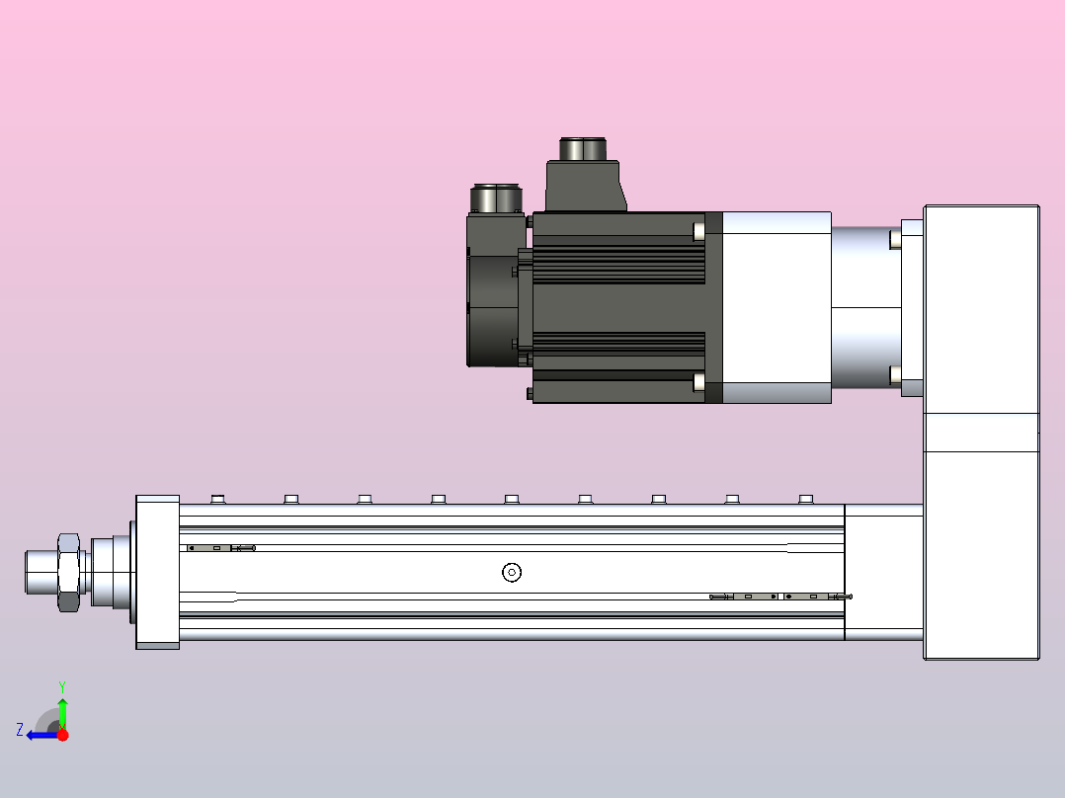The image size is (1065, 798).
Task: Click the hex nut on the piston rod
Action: click(68, 572)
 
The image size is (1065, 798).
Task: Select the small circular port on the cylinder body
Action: click(511, 572)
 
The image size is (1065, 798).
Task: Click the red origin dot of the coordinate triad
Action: click(62, 735)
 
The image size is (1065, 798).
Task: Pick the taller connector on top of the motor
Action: click(585, 173)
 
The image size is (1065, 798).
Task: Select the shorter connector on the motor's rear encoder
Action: click(497, 199)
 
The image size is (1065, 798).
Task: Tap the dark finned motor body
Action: click(617, 306)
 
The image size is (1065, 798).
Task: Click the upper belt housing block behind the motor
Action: click(981, 308)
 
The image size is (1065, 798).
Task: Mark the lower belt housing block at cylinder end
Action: click(981, 553)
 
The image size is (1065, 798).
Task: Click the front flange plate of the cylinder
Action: click(157, 572)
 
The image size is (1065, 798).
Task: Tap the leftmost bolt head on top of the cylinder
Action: click(218, 499)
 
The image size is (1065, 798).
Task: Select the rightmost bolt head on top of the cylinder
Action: click(805, 499)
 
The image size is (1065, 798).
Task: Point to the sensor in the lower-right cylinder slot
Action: click(780, 597)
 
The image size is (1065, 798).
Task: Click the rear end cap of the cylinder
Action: click(883, 572)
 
